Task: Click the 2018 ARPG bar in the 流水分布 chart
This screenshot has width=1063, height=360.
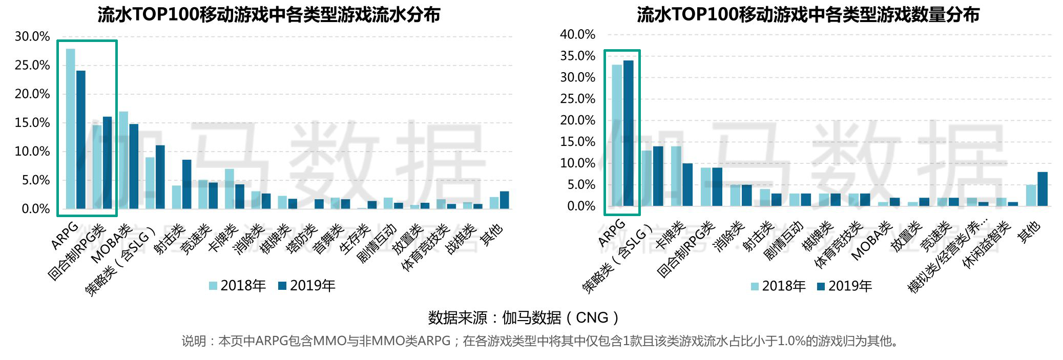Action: click(70, 128)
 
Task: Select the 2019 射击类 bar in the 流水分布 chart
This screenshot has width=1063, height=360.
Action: click(186, 184)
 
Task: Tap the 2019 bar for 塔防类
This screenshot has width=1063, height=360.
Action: click(319, 204)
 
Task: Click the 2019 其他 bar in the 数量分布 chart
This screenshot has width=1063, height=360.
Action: click(1043, 189)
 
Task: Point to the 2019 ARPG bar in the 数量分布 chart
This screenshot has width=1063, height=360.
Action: click(629, 133)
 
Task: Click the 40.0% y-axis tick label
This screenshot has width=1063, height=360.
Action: click(577, 34)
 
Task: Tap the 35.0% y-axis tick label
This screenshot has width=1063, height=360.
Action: click(577, 56)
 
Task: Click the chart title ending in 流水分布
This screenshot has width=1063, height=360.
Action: click(269, 14)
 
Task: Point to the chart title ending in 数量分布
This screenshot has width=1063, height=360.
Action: click(808, 14)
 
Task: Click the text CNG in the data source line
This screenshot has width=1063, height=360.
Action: click(592, 318)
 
